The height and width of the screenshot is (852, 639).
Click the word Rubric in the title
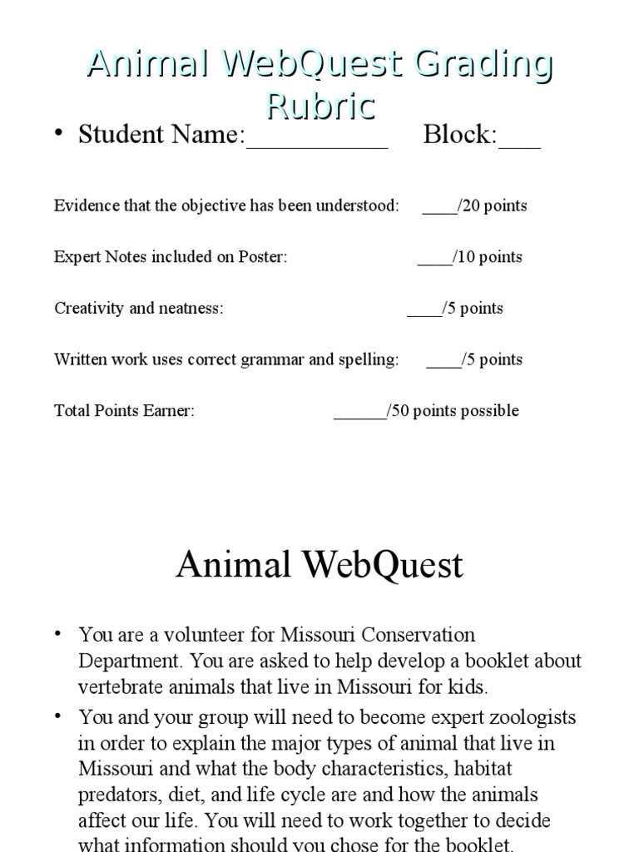320,106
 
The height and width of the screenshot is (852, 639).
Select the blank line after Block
519,141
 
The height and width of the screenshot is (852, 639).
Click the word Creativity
90,309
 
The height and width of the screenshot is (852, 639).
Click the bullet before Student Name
59,133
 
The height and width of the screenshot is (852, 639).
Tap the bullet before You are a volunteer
59,635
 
